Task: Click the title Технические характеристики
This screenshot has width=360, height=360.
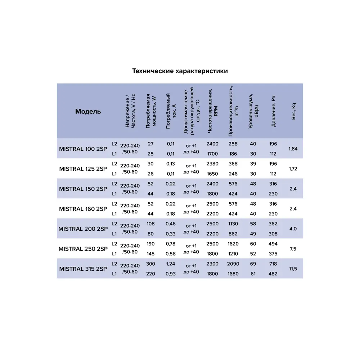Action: [x=180, y=71]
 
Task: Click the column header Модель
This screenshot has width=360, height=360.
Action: [x=88, y=111]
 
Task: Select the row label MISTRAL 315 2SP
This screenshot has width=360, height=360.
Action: [x=83, y=269]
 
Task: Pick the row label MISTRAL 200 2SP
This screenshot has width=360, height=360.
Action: [x=83, y=229]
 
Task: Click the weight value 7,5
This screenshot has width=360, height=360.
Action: [x=293, y=249]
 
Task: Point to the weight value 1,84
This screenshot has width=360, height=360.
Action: [x=293, y=149]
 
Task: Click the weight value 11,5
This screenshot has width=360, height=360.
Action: [x=293, y=269]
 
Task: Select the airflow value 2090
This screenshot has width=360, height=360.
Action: [x=233, y=264]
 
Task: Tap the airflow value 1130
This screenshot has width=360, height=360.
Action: [x=233, y=224]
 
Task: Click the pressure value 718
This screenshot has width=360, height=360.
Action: [x=273, y=264]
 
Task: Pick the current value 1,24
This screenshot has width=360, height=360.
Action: [x=171, y=264]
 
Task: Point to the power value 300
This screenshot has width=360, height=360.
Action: [x=150, y=264]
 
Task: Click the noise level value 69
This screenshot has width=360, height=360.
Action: [x=253, y=264]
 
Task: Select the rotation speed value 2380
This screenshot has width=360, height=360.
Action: [x=212, y=164]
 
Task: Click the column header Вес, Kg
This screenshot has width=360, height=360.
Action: [x=293, y=111]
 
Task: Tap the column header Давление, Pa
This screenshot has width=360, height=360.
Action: [x=273, y=111]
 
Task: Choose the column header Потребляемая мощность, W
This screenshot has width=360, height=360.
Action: [x=151, y=111]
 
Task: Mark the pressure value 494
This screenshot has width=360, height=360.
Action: [x=273, y=244]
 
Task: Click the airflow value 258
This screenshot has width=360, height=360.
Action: [x=233, y=144]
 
